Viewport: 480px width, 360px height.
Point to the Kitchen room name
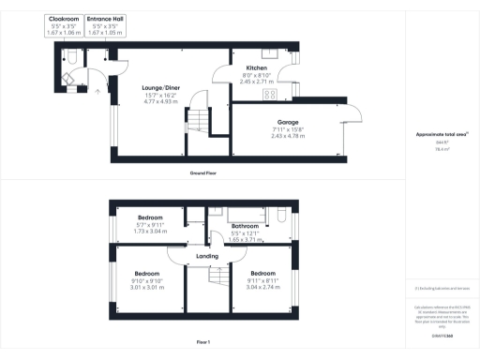[257, 69]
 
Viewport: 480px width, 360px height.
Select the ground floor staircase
[199, 121]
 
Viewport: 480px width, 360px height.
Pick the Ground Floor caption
[203, 172]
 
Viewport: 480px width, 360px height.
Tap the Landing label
[207, 255]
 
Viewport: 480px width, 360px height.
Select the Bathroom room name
[245, 226]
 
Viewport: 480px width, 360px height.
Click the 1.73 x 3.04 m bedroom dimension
[137, 231]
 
